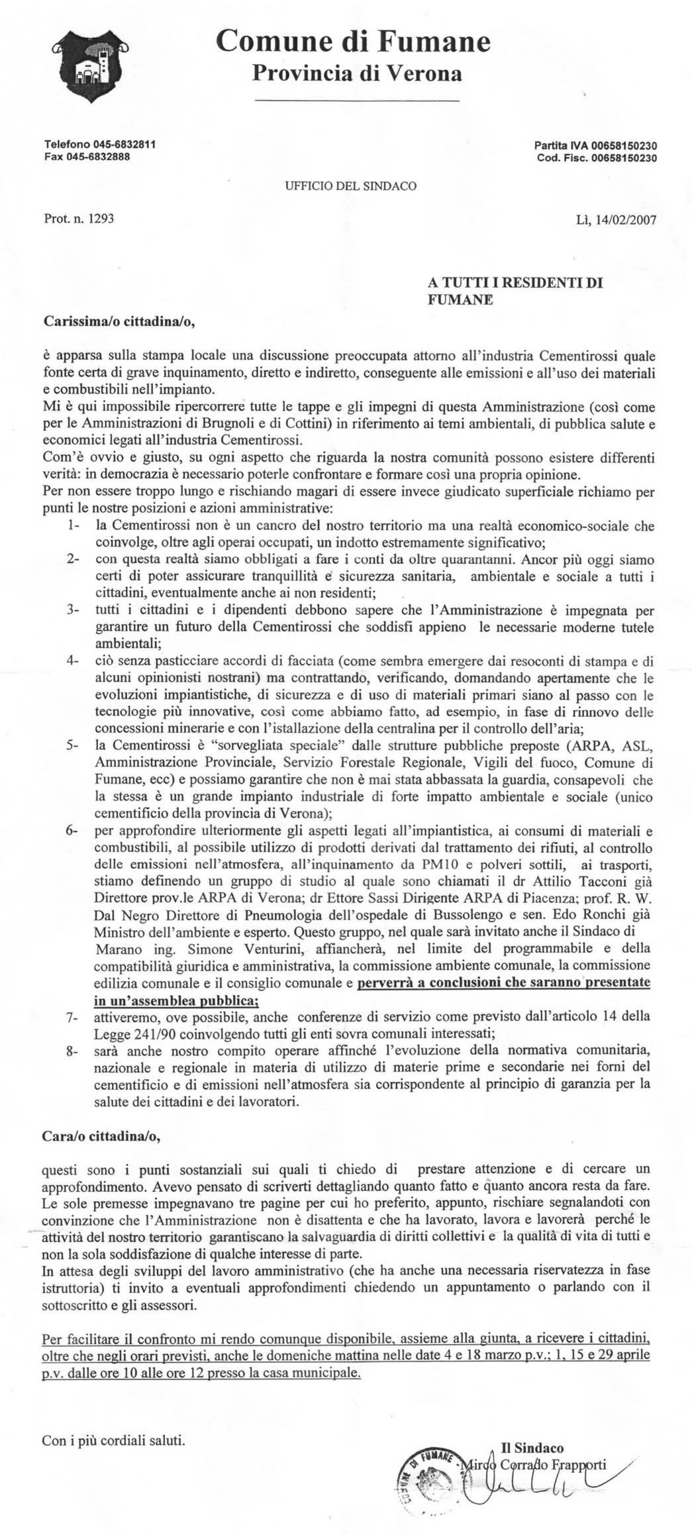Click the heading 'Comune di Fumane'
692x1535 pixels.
[x=354, y=42]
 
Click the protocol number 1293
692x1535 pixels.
[x=101, y=217]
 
